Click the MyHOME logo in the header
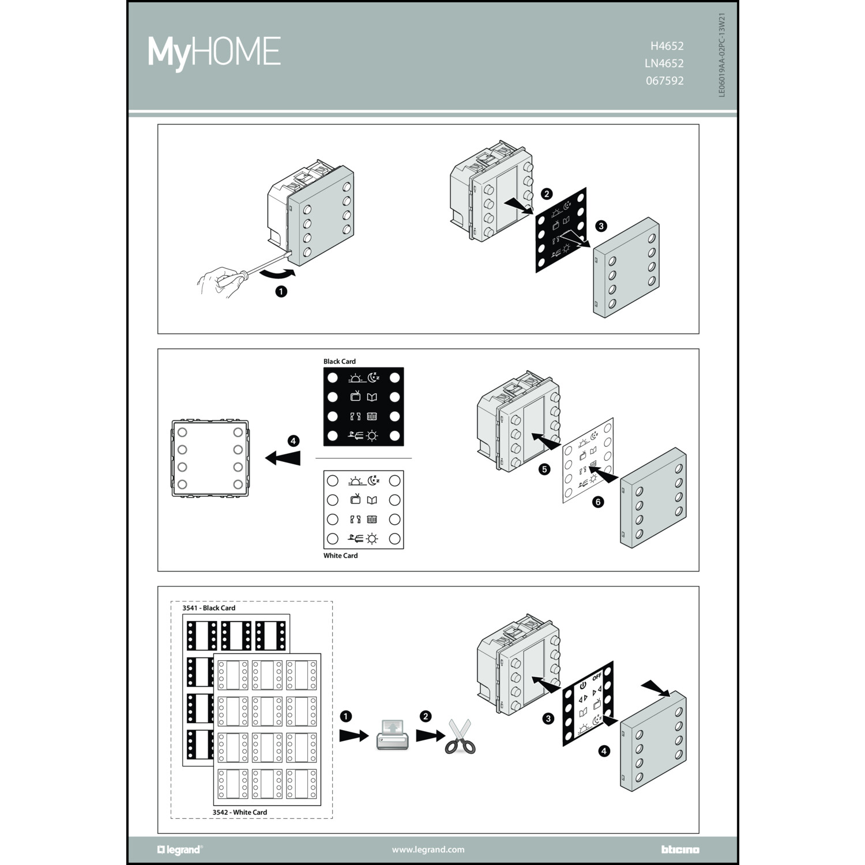pos(214,53)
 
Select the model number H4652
pos(667,46)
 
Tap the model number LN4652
pos(664,63)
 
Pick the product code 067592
pos(665,81)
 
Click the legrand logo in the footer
pos(179,849)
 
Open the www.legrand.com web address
pos(428,849)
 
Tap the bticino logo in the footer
pos(680,849)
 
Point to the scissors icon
pos(460,738)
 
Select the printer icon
pos(392,735)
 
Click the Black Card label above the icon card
pos(340,362)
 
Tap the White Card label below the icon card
pos(340,556)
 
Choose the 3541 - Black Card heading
pos(209,608)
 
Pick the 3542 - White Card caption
pos(240,813)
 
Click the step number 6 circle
pos(598,502)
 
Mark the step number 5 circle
pos(544,469)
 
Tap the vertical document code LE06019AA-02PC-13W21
pos(722,55)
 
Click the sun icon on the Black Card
pos(372,436)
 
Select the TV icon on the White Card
pos(355,500)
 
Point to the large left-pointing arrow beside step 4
pos(283,458)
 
